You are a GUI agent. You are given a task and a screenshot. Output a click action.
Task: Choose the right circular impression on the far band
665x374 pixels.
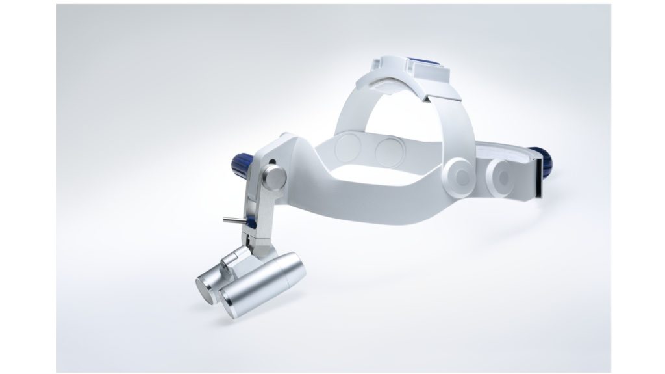[x=390, y=152]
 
